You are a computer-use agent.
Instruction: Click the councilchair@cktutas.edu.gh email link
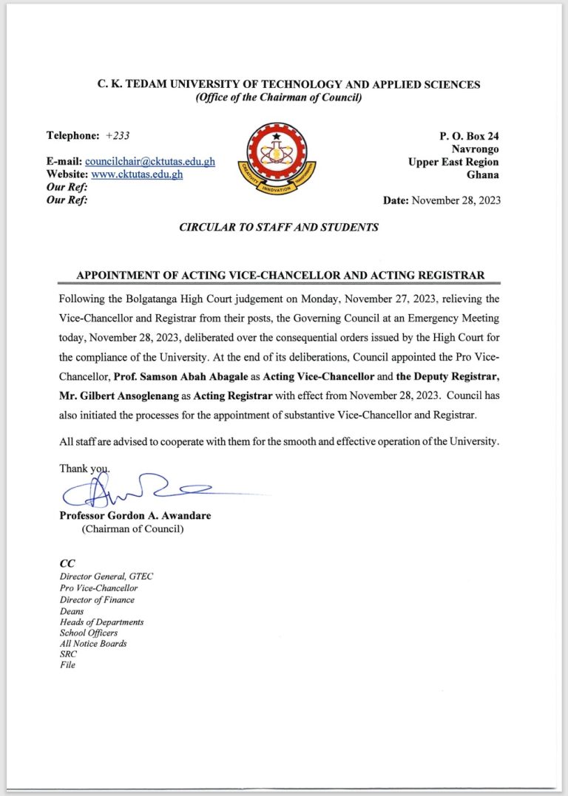tap(150, 162)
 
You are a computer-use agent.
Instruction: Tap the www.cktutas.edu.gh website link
tap(137, 174)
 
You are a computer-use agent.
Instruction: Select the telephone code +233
tap(118, 136)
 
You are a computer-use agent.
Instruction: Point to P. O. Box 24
tap(469, 136)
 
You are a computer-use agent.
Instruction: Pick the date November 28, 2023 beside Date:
tap(456, 200)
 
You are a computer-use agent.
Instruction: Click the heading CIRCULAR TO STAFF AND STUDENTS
tap(279, 228)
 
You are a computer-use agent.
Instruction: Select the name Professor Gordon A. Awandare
tap(135, 516)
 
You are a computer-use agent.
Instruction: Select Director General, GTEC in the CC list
tap(106, 576)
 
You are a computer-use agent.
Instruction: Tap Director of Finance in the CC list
tap(97, 599)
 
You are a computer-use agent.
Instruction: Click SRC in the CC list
tap(68, 654)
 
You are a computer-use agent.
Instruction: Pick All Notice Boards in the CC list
tap(93, 643)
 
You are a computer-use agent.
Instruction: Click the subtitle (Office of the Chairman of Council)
tap(278, 98)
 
